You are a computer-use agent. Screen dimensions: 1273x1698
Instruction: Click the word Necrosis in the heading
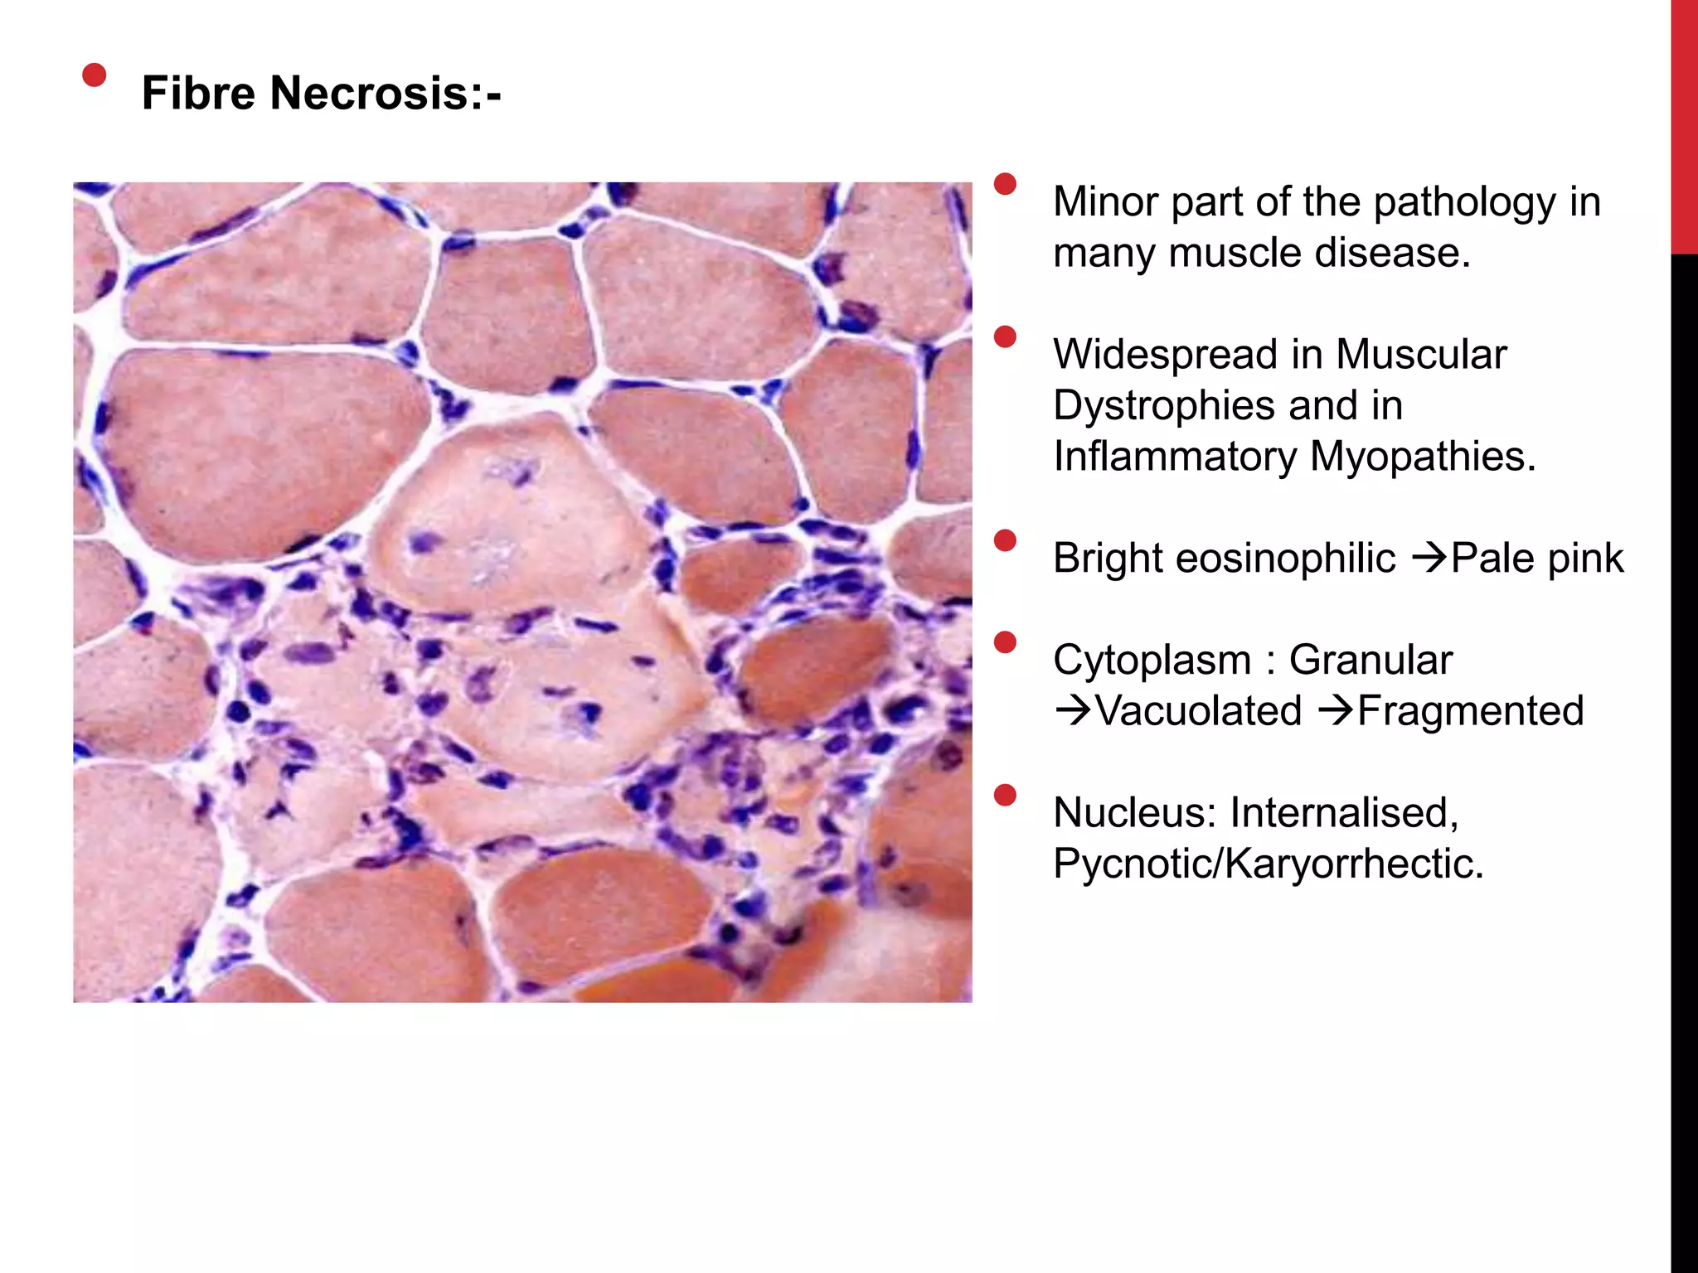click(x=370, y=92)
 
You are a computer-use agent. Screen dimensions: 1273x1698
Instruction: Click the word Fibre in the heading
click(x=198, y=92)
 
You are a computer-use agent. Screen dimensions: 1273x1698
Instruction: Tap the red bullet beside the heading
click(x=95, y=75)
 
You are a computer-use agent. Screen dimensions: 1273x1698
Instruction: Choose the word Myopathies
click(x=1423, y=457)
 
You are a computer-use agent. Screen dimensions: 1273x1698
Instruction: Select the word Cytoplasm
click(x=1152, y=661)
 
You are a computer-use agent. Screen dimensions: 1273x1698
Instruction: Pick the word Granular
click(x=1371, y=661)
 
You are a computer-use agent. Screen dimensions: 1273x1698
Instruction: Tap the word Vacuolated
click(x=1199, y=711)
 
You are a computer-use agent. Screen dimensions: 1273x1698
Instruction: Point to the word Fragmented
click(x=1470, y=711)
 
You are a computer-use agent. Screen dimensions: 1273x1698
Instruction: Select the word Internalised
click(x=1344, y=812)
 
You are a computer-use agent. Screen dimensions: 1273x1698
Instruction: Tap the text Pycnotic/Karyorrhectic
click(x=1268, y=864)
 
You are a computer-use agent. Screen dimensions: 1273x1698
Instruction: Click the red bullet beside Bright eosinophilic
click(x=1005, y=541)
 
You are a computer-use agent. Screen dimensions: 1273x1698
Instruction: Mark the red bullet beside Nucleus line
click(x=1005, y=796)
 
